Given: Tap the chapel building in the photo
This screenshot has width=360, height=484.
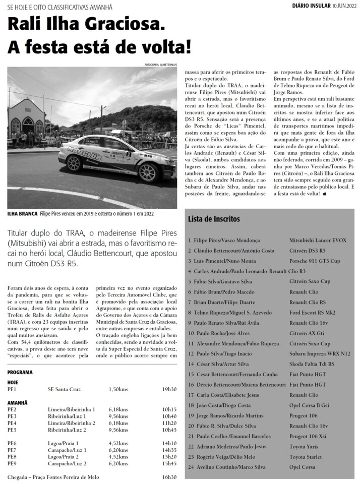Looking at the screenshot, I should tap(27, 118).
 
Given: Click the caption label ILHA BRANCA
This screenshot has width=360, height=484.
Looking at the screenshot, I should tap(22, 214).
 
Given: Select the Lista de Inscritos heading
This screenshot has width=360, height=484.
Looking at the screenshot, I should tap(214, 219).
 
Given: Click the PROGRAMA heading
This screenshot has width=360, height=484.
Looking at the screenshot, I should tap(20, 372).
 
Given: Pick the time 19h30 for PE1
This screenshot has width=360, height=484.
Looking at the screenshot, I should tap(169, 389).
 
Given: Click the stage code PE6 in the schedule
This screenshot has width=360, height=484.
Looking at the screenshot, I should tap(12, 443).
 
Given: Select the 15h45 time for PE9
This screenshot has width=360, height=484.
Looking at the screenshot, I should tap(169, 463).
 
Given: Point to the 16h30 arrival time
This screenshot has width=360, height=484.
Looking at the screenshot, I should tap(169, 477).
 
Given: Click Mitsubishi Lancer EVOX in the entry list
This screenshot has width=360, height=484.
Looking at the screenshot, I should tap(318, 240).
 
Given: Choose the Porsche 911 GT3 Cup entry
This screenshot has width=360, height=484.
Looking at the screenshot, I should tap(315, 261).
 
